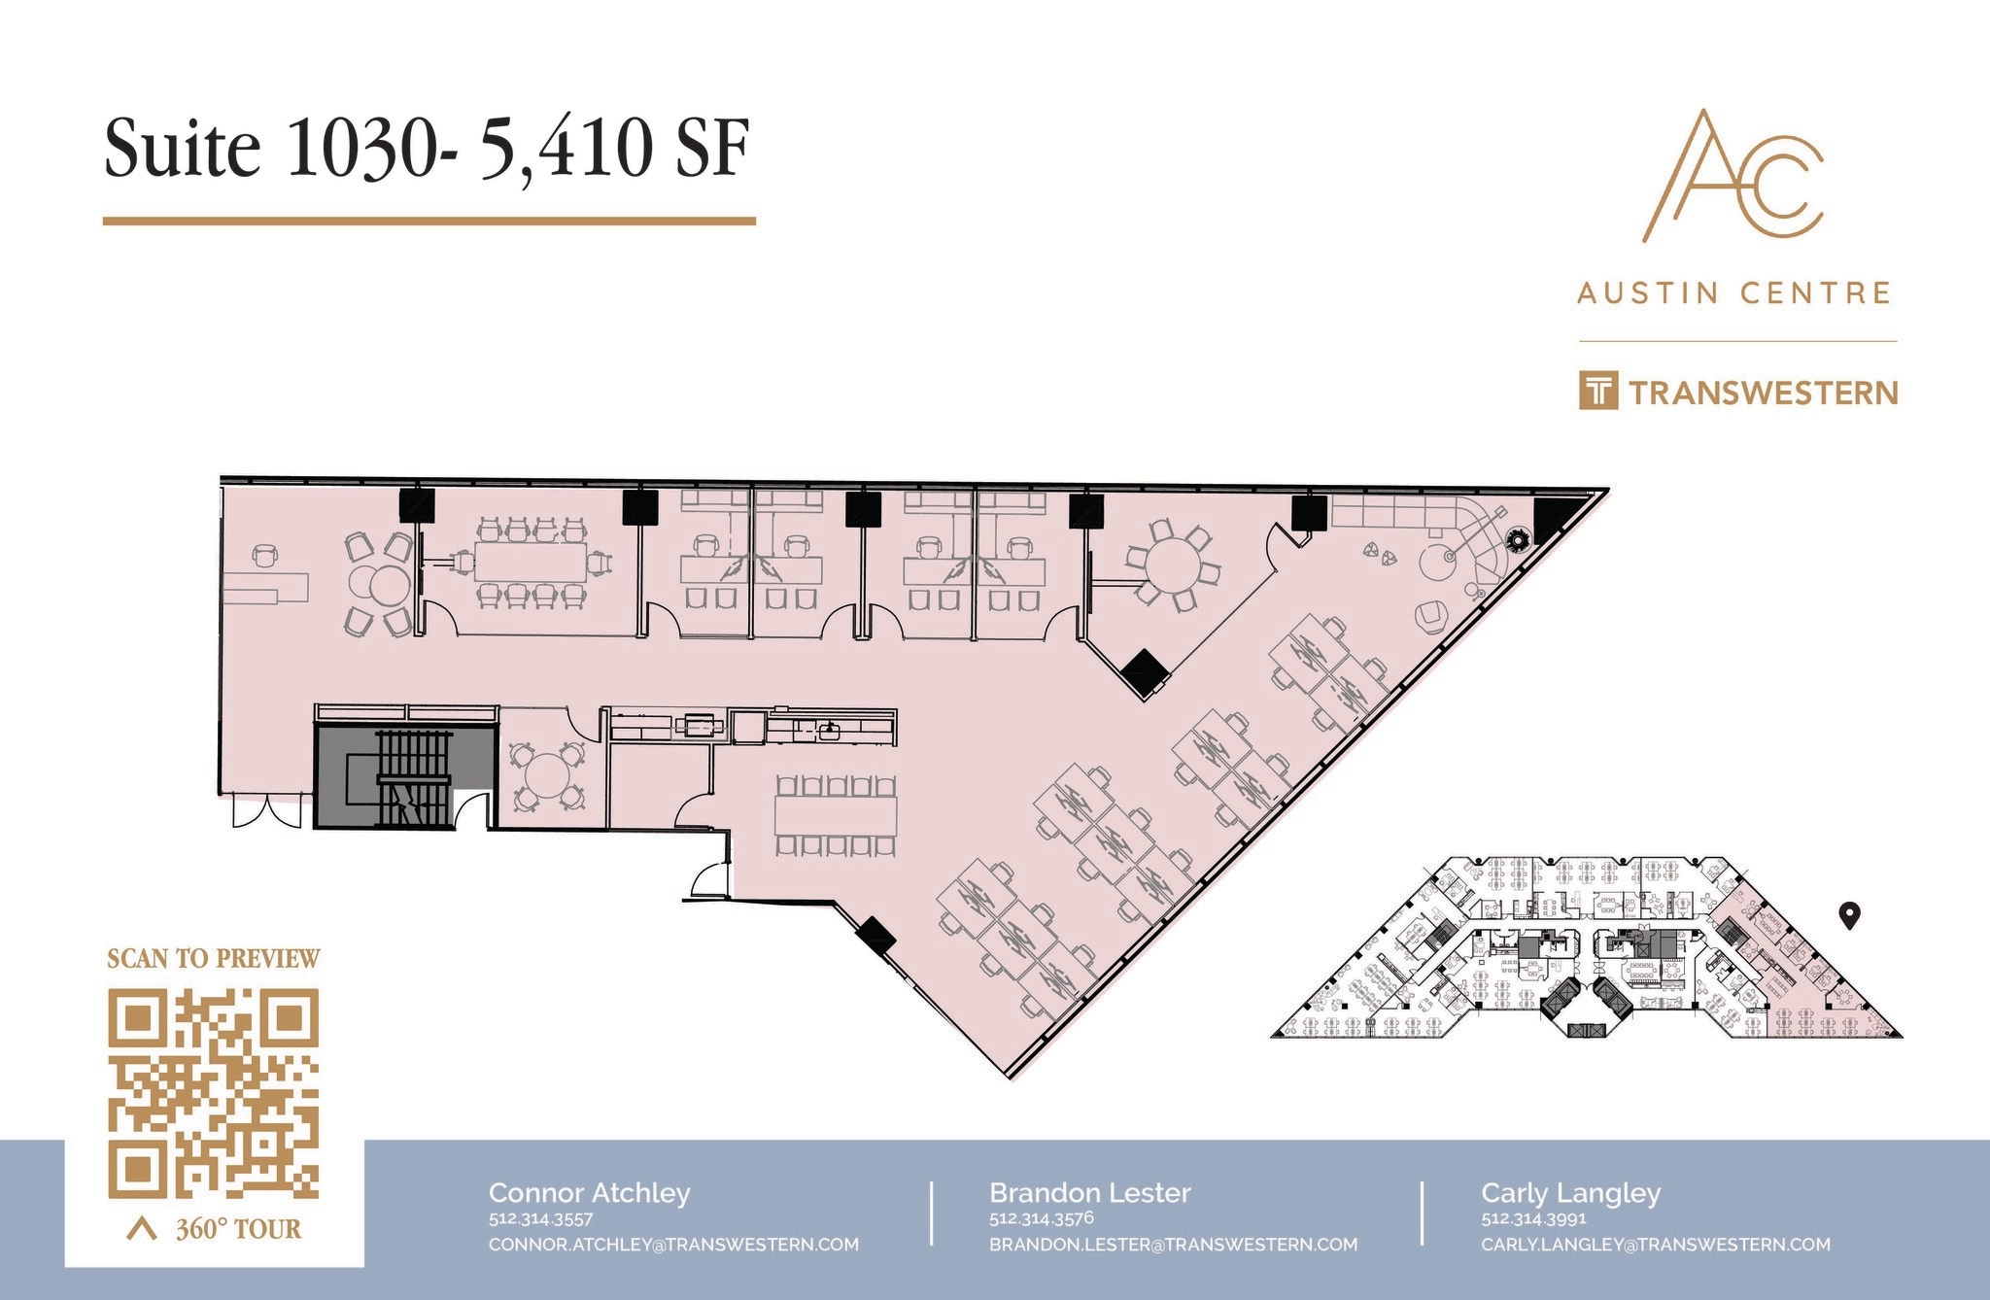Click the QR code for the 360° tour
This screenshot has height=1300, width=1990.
213,1092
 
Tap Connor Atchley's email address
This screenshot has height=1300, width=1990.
673,1245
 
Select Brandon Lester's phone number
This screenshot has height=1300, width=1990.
1042,1218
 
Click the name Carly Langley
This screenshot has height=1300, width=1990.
1570,1193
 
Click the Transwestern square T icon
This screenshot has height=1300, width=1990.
1598,391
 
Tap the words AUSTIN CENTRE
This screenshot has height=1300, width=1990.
1734,292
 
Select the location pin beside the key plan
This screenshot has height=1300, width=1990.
1850,914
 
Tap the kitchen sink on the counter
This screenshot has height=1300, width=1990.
829,730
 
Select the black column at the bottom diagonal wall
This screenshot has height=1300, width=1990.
875,936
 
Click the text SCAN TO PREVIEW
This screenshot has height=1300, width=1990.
213,959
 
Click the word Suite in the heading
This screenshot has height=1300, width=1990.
183,150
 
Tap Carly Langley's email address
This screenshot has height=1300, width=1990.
1655,1245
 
